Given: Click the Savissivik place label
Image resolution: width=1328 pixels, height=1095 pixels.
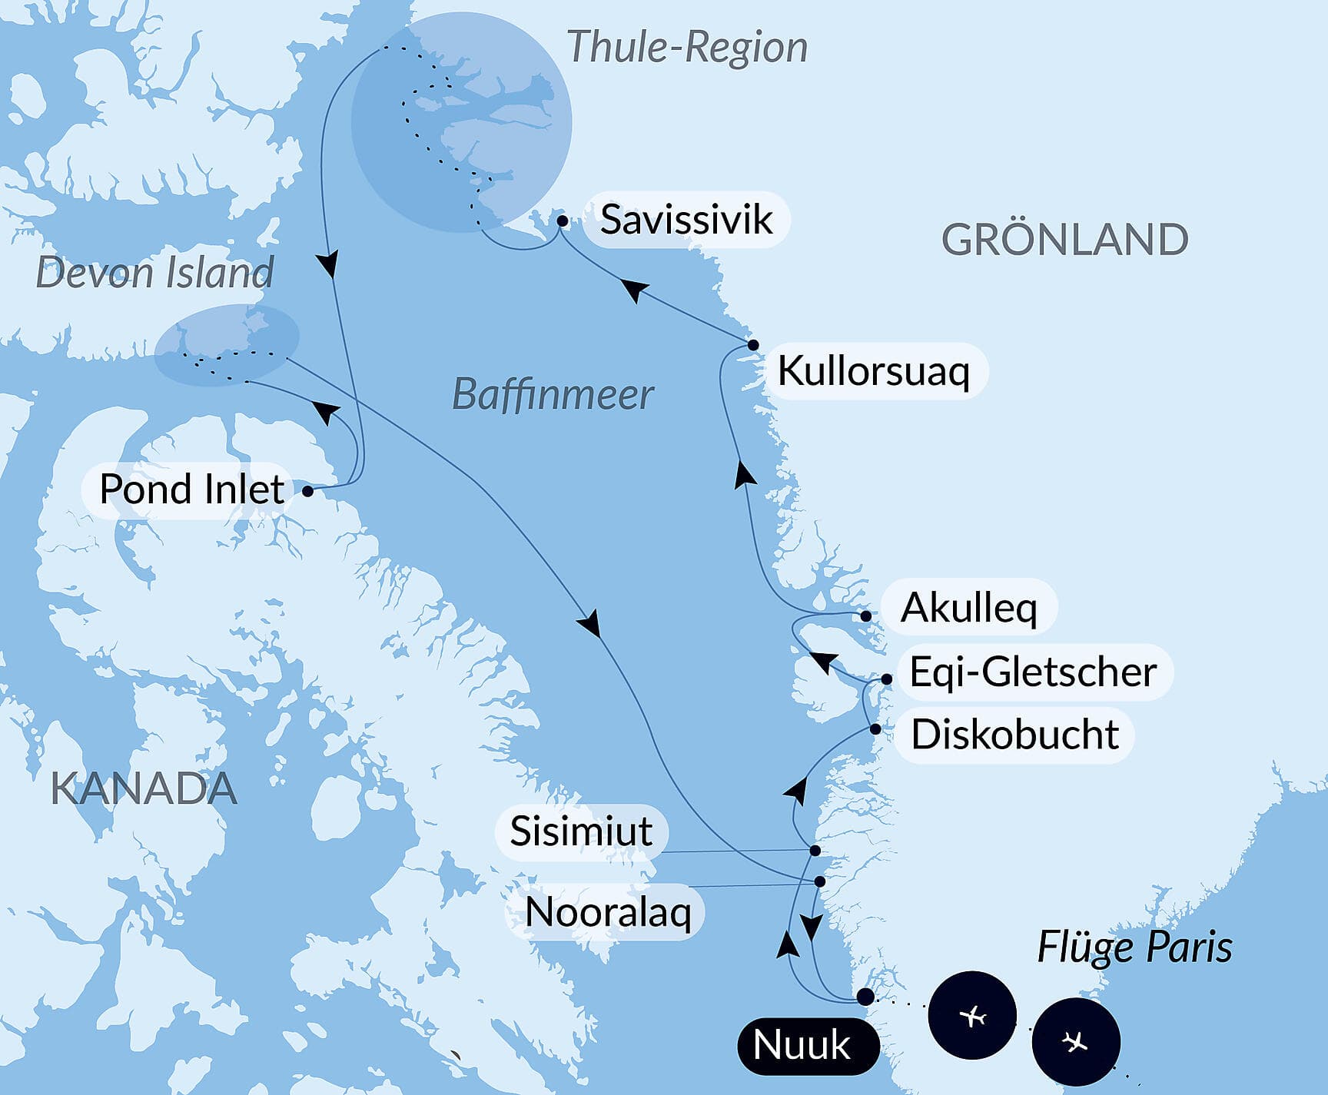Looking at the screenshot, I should (x=686, y=220).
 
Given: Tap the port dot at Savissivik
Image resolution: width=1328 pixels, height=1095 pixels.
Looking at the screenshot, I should (x=563, y=221).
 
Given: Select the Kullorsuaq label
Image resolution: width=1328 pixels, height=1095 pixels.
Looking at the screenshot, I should (x=874, y=371).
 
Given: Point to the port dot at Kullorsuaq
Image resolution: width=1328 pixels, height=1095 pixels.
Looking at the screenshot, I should (x=753, y=345).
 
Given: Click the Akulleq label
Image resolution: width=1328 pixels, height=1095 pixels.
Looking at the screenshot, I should (x=968, y=608).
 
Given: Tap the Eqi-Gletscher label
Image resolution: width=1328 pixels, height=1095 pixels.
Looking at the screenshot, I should (x=1033, y=672).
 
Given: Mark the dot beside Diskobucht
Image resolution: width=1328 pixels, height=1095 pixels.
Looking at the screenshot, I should (x=875, y=728).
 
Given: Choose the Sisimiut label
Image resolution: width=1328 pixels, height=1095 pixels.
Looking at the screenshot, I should (x=581, y=831).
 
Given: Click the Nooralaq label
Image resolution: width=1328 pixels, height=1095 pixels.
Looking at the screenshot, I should (x=608, y=913).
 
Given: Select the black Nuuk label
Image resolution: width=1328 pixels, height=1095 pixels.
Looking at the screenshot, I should (x=802, y=1045).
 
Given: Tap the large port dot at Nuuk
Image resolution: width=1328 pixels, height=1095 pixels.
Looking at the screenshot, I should (x=865, y=997).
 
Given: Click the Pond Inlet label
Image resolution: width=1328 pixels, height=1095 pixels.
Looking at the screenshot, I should (x=192, y=489).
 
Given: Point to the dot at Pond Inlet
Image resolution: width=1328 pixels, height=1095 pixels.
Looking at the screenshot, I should (x=308, y=491).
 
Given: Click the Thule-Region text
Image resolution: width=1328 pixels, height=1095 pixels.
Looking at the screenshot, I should (x=687, y=47).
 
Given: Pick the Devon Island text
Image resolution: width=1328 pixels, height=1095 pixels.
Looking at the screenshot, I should (x=154, y=273).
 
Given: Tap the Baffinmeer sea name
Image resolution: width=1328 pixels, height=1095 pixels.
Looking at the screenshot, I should (x=553, y=395).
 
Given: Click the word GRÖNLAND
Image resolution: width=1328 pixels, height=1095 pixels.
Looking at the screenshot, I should (x=1064, y=240).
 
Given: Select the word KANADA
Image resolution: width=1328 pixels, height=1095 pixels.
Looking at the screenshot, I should (x=144, y=788).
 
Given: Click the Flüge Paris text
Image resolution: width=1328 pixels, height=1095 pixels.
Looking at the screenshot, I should (x=1134, y=947).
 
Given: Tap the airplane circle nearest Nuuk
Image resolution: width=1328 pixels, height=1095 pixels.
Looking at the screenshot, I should (x=972, y=1016).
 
